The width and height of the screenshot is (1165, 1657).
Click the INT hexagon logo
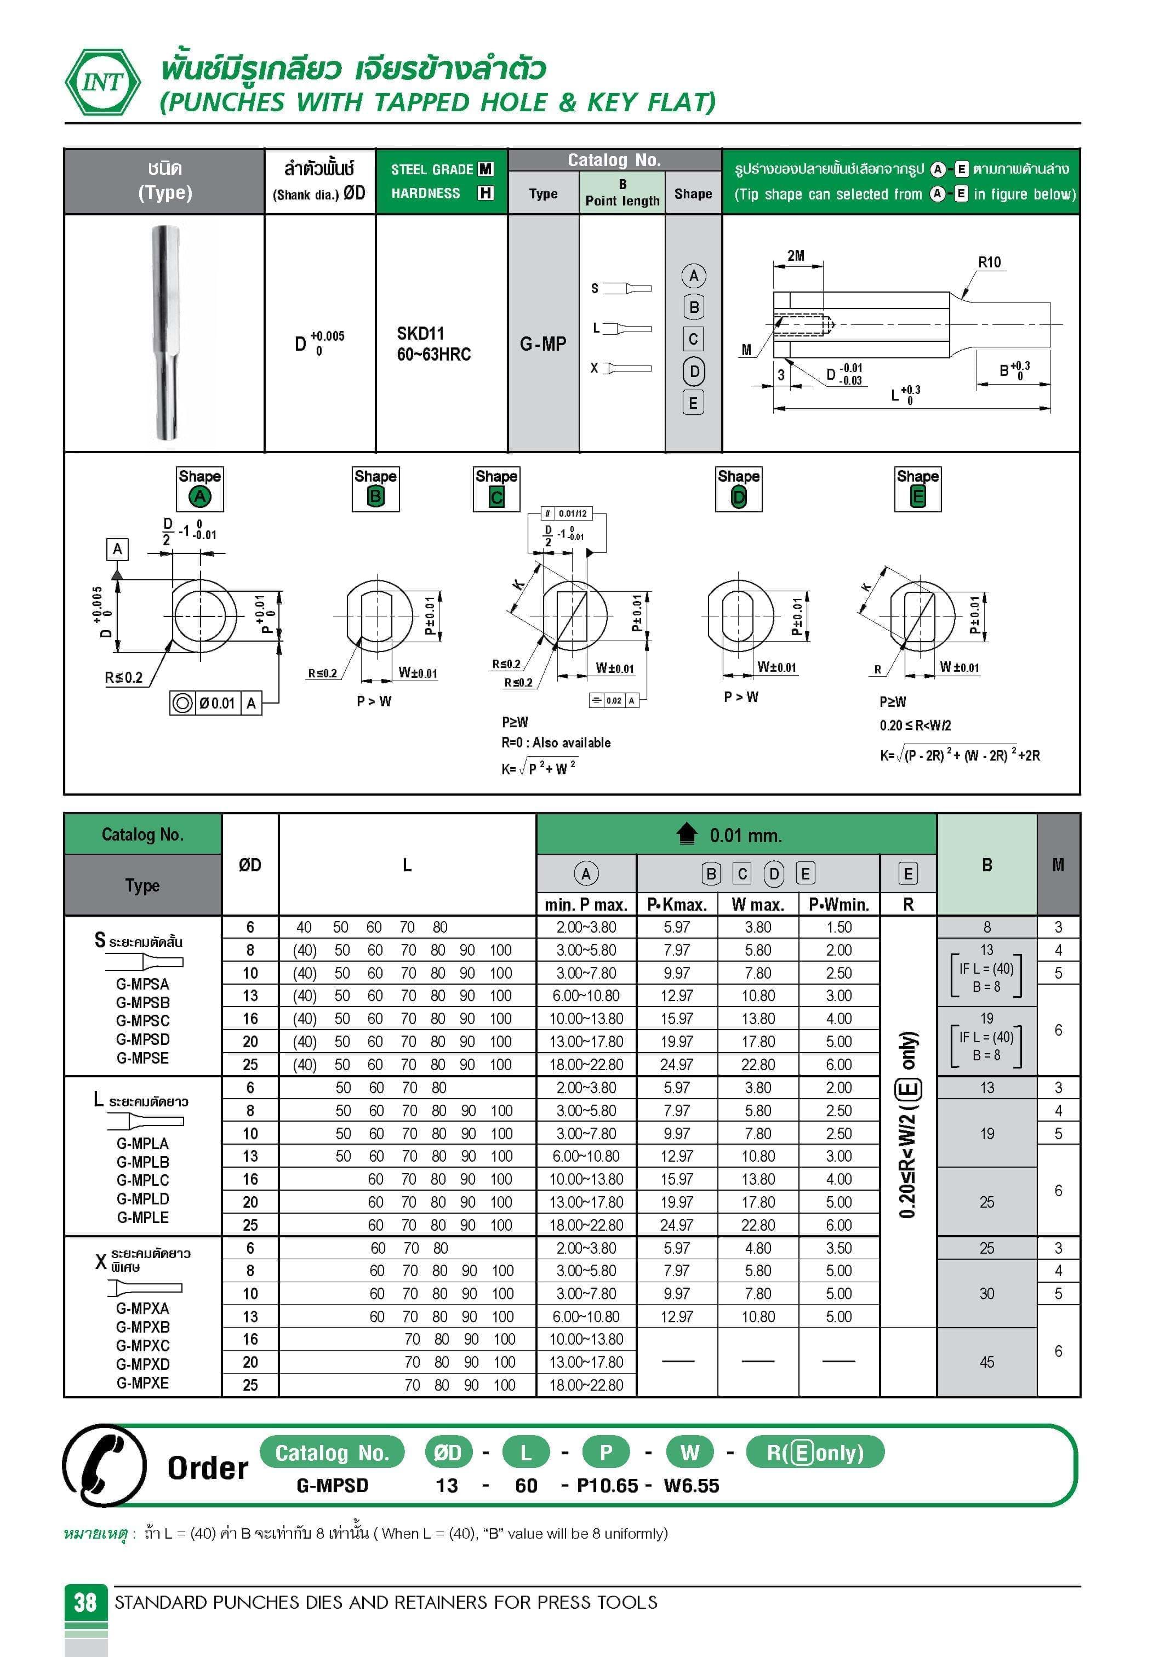click(x=102, y=82)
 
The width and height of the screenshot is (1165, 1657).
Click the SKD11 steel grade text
click(x=420, y=333)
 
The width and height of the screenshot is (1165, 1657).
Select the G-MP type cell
click(x=543, y=344)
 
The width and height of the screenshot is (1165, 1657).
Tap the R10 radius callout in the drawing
click(x=989, y=262)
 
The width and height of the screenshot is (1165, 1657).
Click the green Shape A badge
click(x=200, y=496)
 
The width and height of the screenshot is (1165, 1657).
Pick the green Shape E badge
click(x=917, y=496)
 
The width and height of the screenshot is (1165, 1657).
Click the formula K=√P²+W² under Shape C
click(x=539, y=768)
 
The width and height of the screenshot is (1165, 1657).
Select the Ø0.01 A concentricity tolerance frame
click(x=216, y=703)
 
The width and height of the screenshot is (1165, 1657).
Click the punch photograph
click(x=165, y=333)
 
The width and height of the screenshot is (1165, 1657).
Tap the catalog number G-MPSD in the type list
click(x=143, y=1039)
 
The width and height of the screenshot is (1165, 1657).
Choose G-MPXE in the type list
click(x=143, y=1383)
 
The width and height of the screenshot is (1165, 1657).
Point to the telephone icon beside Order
click(x=105, y=1466)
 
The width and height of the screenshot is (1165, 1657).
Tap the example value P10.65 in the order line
click(x=607, y=1486)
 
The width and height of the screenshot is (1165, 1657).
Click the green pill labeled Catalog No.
click(x=332, y=1453)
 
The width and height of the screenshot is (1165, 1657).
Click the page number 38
click(x=85, y=1602)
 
